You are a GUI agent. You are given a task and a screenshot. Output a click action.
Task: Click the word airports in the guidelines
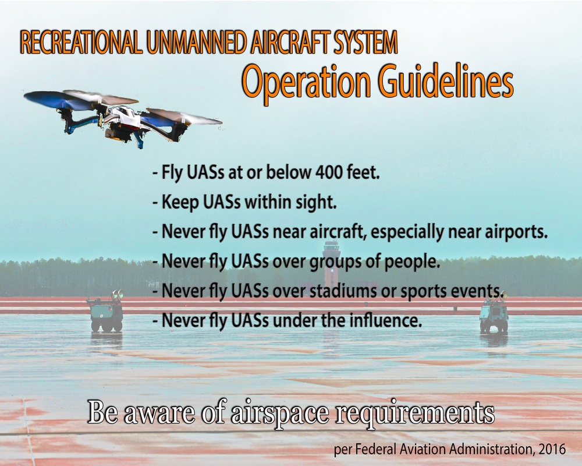[x=514, y=233]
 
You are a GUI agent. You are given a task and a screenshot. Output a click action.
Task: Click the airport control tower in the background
[x=332, y=256]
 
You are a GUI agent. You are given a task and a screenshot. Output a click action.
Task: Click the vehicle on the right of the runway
[x=494, y=315]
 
